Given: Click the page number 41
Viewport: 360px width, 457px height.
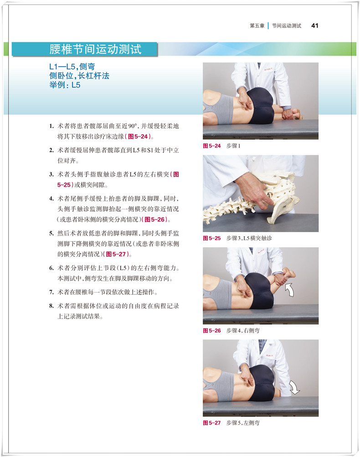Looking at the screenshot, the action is point(315,25).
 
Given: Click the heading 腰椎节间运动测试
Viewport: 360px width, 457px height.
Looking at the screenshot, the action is point(95,49).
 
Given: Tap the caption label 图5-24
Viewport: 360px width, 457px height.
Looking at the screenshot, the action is point(212,146).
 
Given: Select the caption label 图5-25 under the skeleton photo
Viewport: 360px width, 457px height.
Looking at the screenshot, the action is point(212,238).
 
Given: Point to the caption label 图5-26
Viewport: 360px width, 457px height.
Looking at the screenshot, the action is point(212,330).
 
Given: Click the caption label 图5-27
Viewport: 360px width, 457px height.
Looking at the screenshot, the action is point(212,423).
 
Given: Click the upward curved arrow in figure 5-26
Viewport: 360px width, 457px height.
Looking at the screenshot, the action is point(289,289).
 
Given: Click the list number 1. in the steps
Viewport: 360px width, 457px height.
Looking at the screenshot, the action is point(51,126).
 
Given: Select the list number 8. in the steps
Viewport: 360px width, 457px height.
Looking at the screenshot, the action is point(51,306).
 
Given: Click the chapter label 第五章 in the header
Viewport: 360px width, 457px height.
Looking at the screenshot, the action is point(257,25).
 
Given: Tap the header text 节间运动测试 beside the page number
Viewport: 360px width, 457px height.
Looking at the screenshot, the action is point(287,25).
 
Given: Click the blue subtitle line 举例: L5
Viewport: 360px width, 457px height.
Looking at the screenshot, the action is point(65,85).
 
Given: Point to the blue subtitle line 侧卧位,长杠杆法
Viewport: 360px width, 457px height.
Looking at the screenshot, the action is point(79,76).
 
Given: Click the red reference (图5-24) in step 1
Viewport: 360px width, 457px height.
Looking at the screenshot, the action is point(138,137).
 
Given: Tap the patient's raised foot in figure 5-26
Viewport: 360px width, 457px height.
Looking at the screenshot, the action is point(289,274).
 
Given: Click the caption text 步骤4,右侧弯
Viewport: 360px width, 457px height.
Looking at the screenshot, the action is point(243,330).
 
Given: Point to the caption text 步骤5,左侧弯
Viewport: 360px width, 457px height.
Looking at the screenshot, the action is point(243,423).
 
